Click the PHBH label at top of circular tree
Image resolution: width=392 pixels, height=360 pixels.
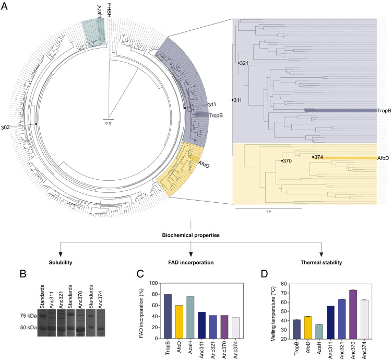[x=109, y=10]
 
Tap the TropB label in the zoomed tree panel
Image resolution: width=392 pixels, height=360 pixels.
[x=384, y=111]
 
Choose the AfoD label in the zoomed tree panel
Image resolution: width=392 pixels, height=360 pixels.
[x=384, y=158]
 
